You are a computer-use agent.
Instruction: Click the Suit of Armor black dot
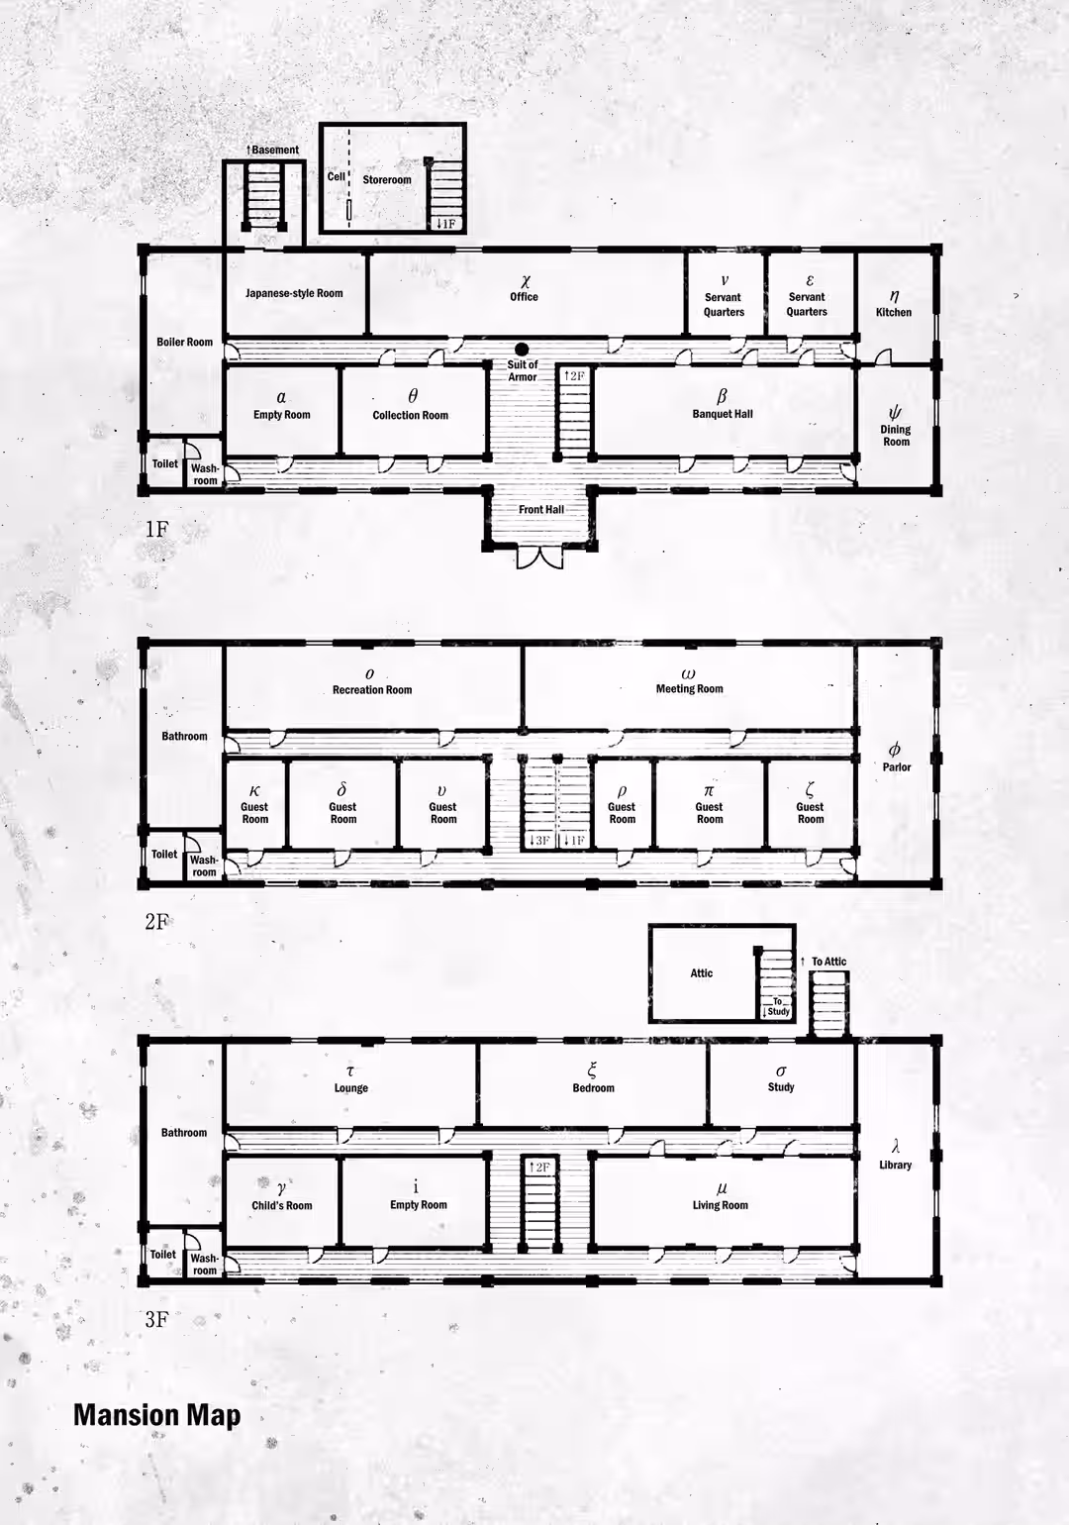(x=522, y=350)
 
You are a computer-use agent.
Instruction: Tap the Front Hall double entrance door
(x=540, y=557)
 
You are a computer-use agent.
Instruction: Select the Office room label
(x=524, y=297)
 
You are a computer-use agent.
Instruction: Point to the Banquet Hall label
(x=723, y=414)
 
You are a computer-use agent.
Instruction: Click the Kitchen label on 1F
(x=894, y=313)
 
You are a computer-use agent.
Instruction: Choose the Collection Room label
(x=411, y=415)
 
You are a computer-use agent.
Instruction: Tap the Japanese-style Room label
(x=294, y=293)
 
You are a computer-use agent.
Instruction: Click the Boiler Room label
(x=184, y=342)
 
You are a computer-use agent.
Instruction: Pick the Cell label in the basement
(x=337, y=176)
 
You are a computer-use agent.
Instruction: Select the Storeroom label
(x=386, y=180)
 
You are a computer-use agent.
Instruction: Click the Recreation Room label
(x=372, y=689)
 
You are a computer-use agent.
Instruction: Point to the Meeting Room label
(x=689, y=688)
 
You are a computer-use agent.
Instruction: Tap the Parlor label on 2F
(x=897, y=767)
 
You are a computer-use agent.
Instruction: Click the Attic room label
(x=702, y=973)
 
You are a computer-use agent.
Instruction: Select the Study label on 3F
(x=781, y=1087)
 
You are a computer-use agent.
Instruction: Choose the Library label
(x=896, y=1165)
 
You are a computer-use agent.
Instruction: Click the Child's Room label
(x=282, y=1206)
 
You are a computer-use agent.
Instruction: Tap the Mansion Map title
(x=157, y=1415)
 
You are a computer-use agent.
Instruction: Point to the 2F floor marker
(x=156, y=922)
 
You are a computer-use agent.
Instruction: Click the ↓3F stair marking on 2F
(x=539, y=840)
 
